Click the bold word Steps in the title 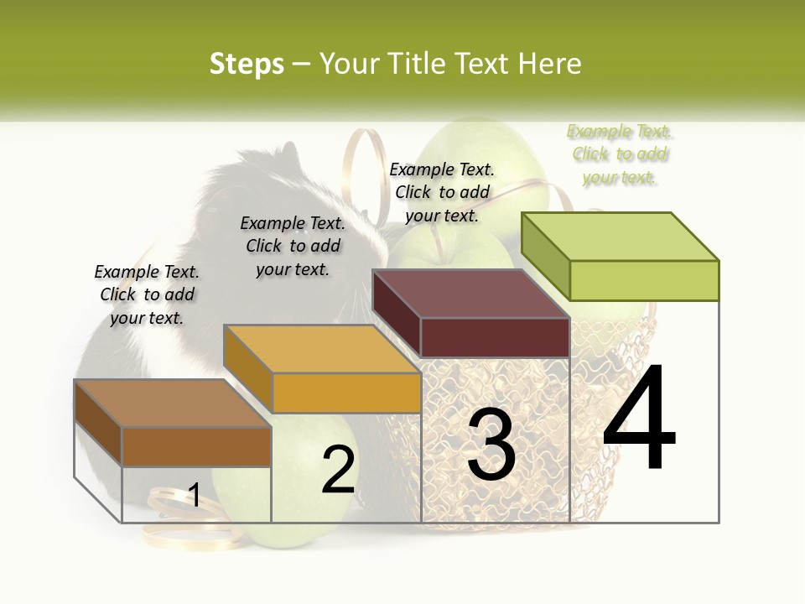click(247, 64)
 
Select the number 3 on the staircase click(491, 445)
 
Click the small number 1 click(194, 495)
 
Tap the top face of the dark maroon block click(470, 294)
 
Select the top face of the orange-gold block click(321, 349)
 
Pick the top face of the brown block click(173, 404)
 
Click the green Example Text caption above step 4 click(620, 154)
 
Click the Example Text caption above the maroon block click(442, 192)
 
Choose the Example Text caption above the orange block click(293, 246)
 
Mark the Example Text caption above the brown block click(147, 294)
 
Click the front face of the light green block click(644, 280)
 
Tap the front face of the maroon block click(495, 337)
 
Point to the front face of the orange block click(346, 393)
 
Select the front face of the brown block click(196, 446)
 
